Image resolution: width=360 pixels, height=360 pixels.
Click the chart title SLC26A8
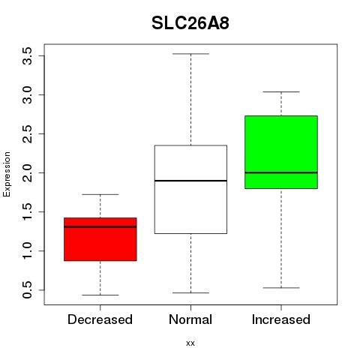190,23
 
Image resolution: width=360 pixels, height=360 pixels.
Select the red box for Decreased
100,239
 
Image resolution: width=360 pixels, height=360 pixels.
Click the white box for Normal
190,190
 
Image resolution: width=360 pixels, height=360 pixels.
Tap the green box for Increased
281,152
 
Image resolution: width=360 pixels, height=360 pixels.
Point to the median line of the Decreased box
100,226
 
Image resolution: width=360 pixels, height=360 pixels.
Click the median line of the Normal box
190,181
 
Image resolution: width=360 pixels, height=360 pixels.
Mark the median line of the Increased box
281,172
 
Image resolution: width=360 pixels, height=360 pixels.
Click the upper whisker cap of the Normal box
190,54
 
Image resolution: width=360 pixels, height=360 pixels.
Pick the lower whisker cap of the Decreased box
100,295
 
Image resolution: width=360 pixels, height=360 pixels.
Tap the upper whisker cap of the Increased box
281,91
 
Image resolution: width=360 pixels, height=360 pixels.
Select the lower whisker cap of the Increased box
281,288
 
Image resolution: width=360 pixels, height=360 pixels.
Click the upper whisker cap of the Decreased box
100,194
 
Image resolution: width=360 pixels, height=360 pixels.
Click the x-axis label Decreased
100,319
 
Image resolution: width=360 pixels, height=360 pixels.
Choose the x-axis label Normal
190,319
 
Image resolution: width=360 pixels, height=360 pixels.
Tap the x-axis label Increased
281,319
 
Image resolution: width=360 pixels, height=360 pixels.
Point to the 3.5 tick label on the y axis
27,56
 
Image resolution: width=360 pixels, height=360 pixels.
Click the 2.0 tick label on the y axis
27,173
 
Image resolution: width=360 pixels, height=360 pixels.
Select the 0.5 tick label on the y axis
27,290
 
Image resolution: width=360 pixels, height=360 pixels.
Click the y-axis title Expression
7,174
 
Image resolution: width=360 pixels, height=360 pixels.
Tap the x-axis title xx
190,343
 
